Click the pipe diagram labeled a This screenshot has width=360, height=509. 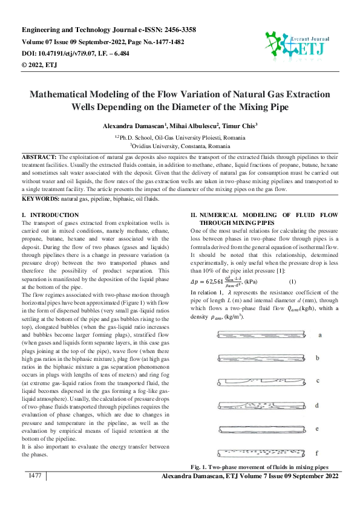pyautogui.click(x=253, y=334)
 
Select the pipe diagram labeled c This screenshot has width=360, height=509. pyautogui.click(x=253, y=381)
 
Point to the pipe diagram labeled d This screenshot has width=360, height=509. pyautogui.click(x=253, y=404)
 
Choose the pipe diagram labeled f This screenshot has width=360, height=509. pyautogui.click(x=253, y=452)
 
